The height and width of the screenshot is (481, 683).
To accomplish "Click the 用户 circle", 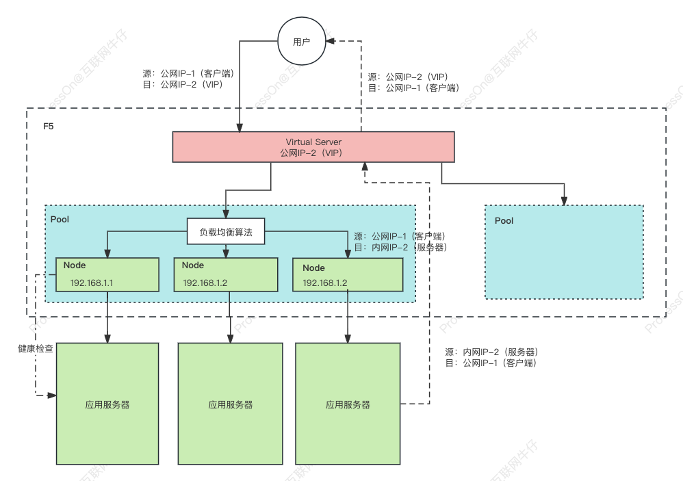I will coord(302,42).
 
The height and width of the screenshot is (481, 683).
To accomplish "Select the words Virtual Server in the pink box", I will coord(313,142).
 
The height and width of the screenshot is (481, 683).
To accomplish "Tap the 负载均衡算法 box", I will coord(226,233).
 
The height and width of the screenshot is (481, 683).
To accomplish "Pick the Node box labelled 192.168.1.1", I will coord(107,275).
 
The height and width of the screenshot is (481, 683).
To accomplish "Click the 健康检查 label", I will coord(36,349).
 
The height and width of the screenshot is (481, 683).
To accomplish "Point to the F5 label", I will coord(49,127).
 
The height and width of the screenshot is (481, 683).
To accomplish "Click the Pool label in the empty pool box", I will coord(504,221).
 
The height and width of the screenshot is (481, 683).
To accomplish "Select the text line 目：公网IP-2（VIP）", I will coord(182,86).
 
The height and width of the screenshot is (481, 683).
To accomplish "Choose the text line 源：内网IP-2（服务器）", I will coord(491,352).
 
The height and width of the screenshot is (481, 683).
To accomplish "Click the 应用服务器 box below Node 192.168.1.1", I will coord(107,404).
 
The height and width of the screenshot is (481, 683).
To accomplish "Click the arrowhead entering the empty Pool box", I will coord(564,200).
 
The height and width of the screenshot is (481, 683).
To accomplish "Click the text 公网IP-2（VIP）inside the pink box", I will coord(311,153).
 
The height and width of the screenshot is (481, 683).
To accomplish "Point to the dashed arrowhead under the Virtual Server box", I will coord(365,166).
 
